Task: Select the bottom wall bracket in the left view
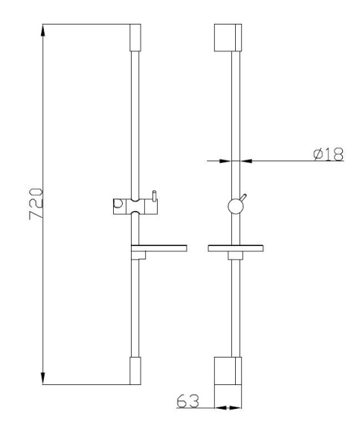pos(135,370)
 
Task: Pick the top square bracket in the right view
pos(228,39)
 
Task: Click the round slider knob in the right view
pos(235,206)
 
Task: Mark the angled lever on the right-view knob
pos(245,197)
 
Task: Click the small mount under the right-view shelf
pos(235,256)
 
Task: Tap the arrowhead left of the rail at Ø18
pos(224,158)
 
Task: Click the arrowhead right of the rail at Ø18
pos(247,158)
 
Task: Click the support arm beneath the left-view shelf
pos(138,255)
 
